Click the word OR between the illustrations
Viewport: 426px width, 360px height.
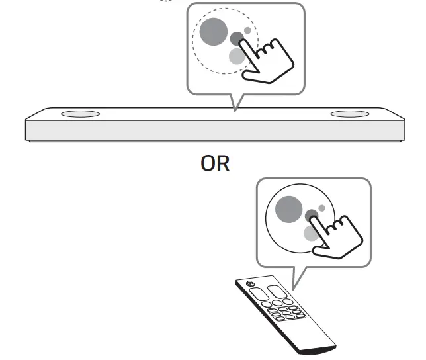pos(216,163)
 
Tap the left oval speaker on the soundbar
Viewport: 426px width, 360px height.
pos(80,114)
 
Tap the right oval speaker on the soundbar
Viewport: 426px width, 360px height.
pos(350,114)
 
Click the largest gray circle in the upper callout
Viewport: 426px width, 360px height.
pos(213,30)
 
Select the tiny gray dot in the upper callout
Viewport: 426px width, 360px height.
pos(247,30)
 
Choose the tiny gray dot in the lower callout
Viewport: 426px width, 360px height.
pos(321,208)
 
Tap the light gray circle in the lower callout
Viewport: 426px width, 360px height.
pos(311,232)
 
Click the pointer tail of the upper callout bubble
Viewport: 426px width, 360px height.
pos(235,103)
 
